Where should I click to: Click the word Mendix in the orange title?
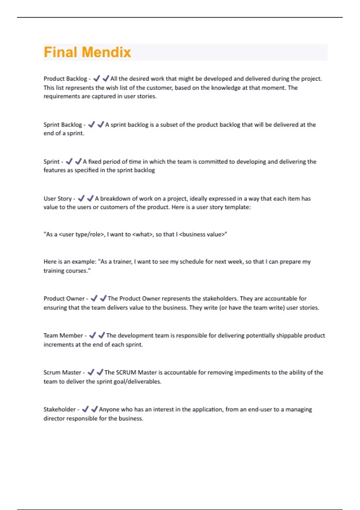tap(106, 52)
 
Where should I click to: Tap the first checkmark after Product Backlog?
tap(96, 79)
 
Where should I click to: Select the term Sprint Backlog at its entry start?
tap(62, 124)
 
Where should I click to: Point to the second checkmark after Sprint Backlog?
tap(100, 124)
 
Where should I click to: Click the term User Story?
tap(58, 199)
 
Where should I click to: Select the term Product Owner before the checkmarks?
tap(64, 298)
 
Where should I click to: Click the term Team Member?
tap(63, 335)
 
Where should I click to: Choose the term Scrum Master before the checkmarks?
tap(62, 372)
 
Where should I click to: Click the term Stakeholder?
tap(59, 409)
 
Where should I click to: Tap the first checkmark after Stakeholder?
tap(85, 409)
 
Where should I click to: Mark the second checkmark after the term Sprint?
tap(78, 161)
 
